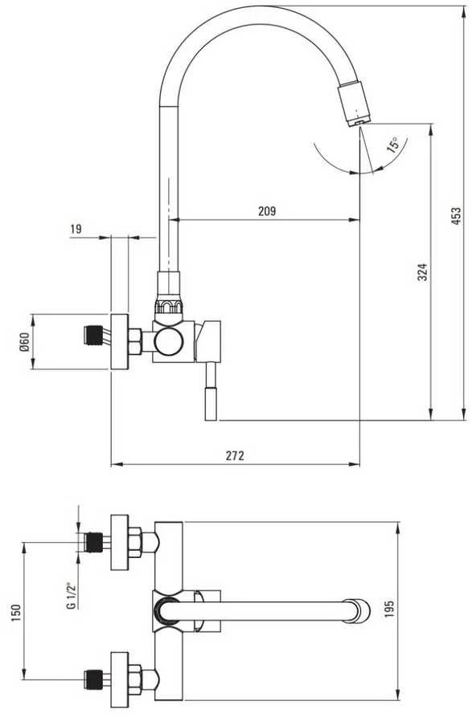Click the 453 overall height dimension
coord(456,214)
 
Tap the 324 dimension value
coord(423,271)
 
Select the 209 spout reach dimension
coord(267,211)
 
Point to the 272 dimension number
coord(236,455)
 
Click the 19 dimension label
coord(76,229)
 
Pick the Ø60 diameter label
coord(24,341)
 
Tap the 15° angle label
coord(393,145)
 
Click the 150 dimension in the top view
coord(15,613)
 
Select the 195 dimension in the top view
coord(389,609)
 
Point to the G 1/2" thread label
coord(71,597)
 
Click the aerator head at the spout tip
coord(355,104)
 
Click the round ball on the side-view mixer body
coord(169,341)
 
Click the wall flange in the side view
coord(120,341)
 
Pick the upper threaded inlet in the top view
coord(94,542)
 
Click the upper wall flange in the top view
coord(120,542)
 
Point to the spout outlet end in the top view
coord(358,611)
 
